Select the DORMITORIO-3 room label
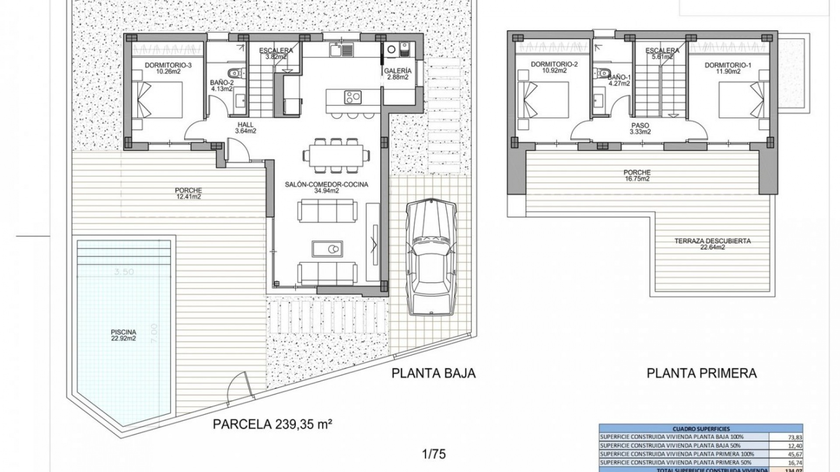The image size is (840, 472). [168, 68]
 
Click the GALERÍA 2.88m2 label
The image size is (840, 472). [397, 74]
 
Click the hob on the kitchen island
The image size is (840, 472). [353, 97]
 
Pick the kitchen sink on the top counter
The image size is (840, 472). [336, 51]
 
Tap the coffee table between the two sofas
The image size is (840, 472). [328, 249]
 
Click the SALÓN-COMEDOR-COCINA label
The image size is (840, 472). [326, 187]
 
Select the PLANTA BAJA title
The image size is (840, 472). [433, 373]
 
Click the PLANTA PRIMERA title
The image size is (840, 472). [701, 373]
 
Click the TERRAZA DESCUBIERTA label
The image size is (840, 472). [712, 244]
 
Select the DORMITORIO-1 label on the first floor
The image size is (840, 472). [728, 68]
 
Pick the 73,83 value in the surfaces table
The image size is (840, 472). [786, 437]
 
